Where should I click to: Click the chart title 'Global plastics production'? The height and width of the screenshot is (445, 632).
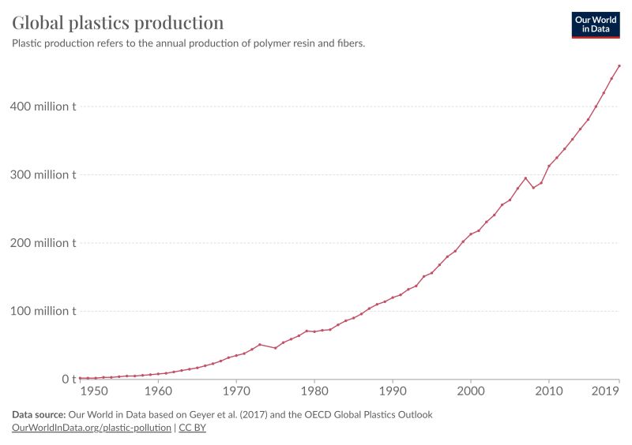[118, 22]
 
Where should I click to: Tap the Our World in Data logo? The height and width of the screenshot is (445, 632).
[596, 24]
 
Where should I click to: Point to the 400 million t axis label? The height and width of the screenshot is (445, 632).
[44, 107]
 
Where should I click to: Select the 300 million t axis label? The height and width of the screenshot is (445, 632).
[44, 175]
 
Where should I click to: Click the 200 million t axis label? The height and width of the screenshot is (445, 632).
[44, 243]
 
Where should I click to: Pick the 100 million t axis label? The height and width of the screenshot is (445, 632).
[44, 311]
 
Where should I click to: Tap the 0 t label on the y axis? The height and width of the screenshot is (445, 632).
[70, 380]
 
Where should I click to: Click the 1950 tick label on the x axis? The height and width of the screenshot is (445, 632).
[93, 391]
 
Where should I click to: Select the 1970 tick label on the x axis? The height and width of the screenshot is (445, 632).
[236, 391]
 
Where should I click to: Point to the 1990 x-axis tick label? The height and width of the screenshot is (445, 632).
[393, 391]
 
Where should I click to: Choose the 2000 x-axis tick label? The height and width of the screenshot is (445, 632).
[471, 391]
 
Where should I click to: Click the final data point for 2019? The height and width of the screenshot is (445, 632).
[619, 65]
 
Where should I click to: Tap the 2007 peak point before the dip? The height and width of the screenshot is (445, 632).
[525, 178]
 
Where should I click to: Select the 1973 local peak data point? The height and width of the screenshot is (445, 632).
[260, 345]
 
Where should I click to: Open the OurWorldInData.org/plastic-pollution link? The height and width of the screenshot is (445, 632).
[92, 428]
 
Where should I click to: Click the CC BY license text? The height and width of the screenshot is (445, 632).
[192, 428]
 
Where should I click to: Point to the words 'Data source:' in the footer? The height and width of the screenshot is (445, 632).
[39, 414]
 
